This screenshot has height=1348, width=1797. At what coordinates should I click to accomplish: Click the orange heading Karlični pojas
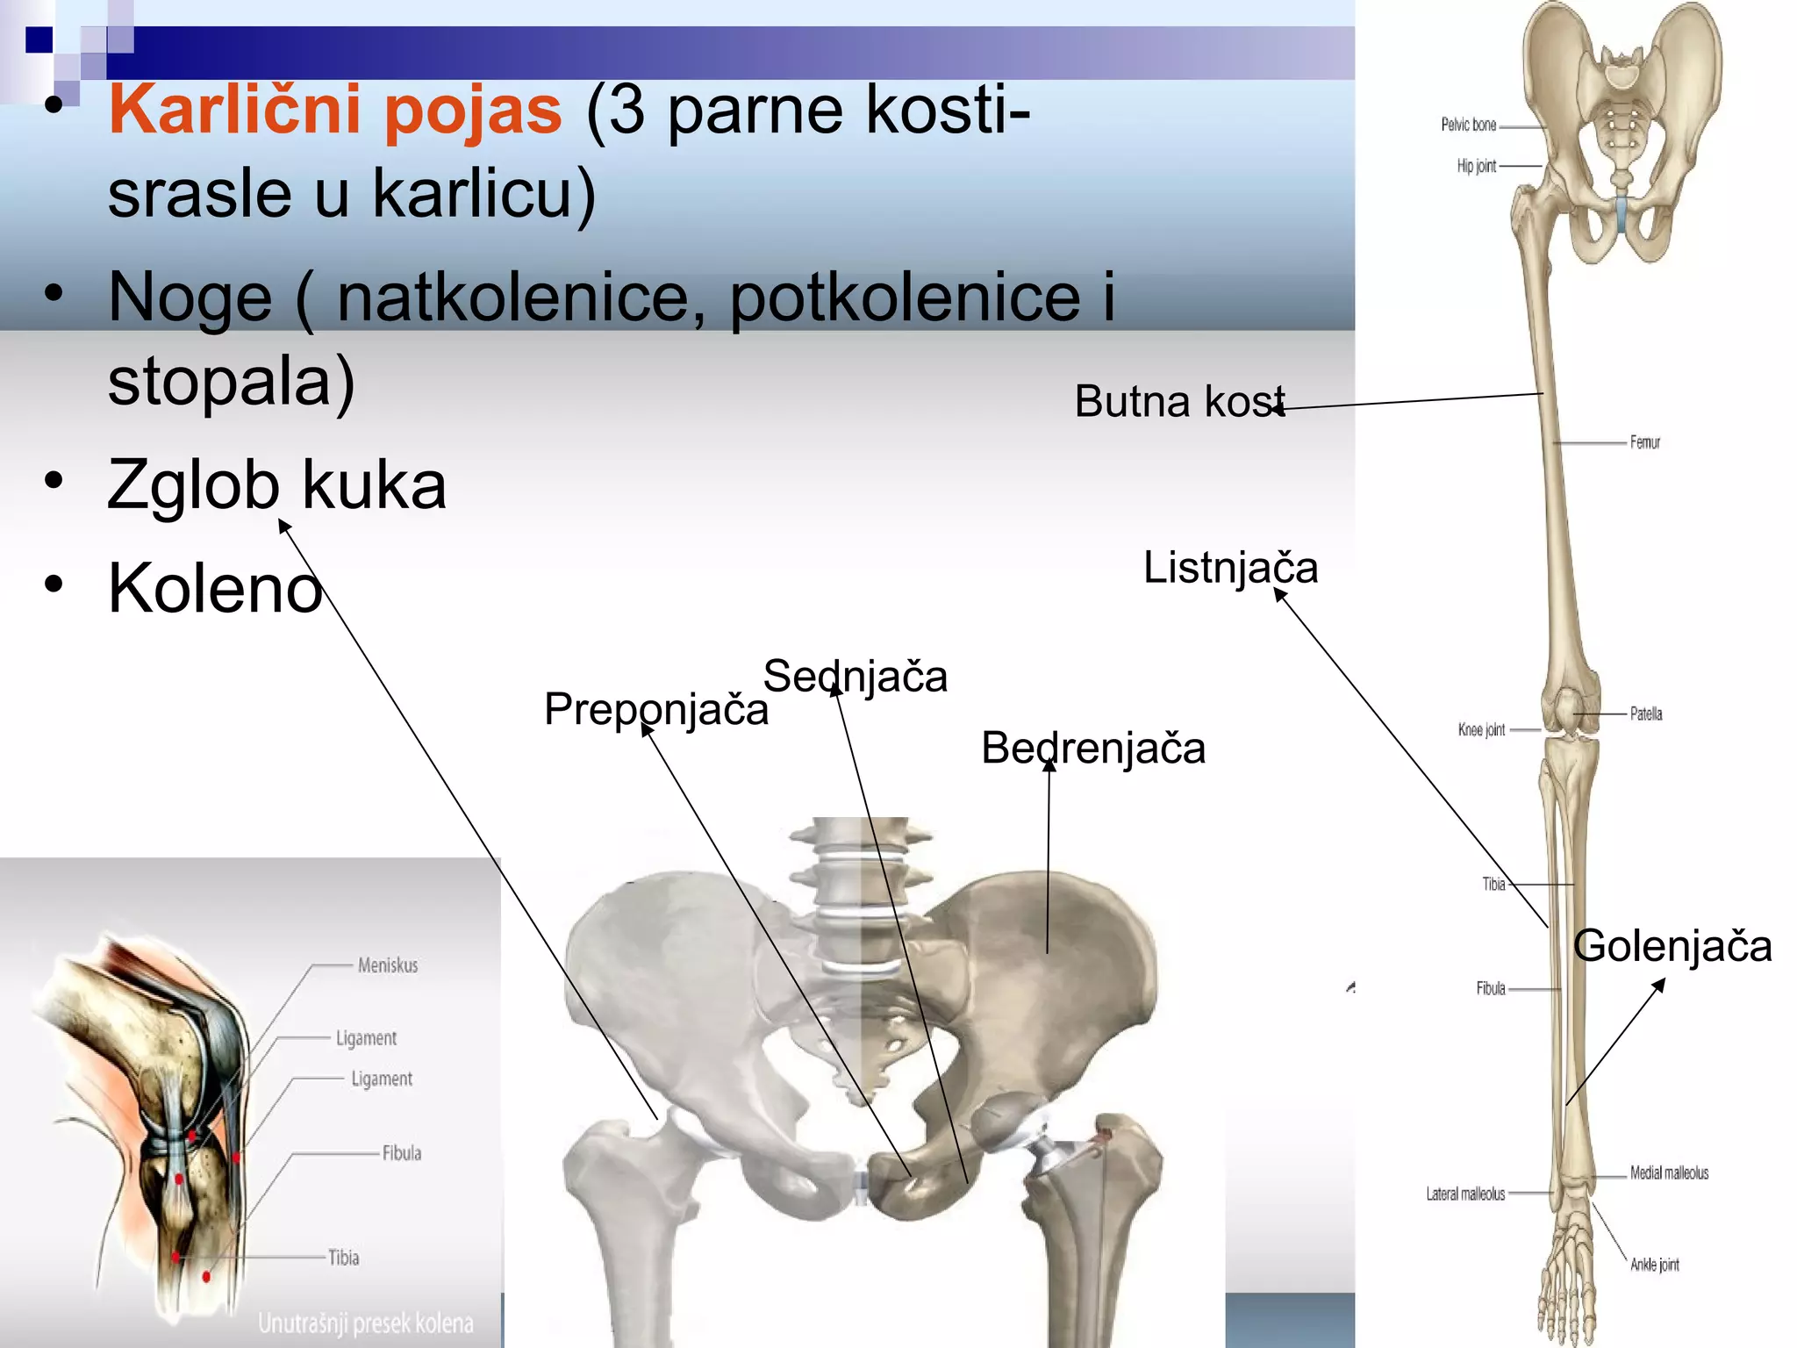334,111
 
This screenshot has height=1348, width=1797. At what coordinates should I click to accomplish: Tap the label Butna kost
1178,402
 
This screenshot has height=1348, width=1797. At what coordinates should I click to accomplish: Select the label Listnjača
1229,568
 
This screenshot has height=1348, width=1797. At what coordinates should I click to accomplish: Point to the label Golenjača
1672,947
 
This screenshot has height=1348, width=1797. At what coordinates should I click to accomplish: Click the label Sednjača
855,677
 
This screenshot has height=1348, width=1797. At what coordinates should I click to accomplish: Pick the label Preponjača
655,709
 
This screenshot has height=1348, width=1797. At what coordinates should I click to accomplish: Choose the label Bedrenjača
1092,749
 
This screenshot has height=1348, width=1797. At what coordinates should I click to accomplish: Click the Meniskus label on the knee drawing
388,965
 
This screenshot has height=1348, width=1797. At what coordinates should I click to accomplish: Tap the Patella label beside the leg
1645,713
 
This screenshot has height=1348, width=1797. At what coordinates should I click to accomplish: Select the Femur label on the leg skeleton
1644,442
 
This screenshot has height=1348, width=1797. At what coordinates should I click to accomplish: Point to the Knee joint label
1481,729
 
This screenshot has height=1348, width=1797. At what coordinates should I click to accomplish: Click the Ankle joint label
1654,1265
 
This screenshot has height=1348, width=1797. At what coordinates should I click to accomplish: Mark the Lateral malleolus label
1464,1194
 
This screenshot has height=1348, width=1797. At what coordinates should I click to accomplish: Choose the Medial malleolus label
1669,1172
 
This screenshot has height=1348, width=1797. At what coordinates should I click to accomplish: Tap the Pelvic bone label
1468,125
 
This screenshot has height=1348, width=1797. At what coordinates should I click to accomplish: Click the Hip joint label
1476,166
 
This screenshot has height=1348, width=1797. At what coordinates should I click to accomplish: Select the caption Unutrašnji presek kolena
365,1323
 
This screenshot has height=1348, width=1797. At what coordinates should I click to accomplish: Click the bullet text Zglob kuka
276,485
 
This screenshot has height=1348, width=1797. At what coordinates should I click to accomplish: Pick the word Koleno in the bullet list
215,589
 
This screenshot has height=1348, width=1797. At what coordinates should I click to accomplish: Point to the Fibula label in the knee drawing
401,1153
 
